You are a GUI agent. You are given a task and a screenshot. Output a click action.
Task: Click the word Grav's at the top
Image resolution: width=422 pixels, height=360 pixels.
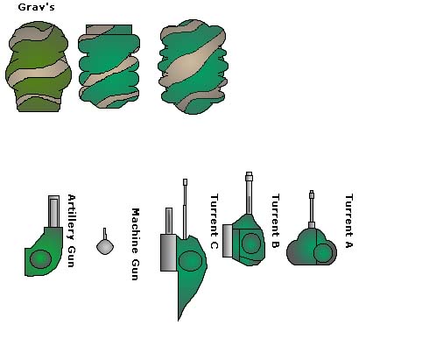coord(36,7)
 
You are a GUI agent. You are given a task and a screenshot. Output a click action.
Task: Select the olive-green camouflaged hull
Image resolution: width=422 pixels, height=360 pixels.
coord(39,67)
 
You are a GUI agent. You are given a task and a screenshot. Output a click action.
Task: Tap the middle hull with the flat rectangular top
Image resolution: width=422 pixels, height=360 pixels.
coord(109,67)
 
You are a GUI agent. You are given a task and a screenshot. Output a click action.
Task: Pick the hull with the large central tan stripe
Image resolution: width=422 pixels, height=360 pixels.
coord(193,67)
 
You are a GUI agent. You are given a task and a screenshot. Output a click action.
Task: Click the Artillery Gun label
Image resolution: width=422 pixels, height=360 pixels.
coord(71,230)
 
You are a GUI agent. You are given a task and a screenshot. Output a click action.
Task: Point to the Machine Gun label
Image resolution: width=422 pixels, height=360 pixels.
coord(135,244)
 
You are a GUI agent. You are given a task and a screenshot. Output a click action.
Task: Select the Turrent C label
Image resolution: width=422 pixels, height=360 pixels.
coord(214,222)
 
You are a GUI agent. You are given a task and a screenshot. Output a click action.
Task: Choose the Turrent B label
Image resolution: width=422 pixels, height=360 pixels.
coord(275,221)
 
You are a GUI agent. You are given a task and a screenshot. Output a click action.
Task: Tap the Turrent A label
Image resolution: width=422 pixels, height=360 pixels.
coord(348,221)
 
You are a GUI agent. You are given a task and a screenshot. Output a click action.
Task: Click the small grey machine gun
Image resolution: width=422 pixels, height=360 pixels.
coord(105,244)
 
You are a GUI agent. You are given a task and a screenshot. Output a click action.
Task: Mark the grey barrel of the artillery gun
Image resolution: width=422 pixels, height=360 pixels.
coord(53,211)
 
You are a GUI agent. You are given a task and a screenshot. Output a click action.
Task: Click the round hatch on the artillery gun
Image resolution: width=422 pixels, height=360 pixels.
coord(40,259)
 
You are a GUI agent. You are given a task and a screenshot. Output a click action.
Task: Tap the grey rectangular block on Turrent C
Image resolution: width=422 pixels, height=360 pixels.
coord(168,252)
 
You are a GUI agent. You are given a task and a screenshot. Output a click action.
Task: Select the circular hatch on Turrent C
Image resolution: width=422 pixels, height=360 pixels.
coord(190,261)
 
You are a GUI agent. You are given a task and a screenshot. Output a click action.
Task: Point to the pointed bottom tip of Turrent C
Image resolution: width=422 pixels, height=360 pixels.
coord(179,321)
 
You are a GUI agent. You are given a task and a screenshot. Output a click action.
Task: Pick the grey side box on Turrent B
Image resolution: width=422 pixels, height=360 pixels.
coord(228,241)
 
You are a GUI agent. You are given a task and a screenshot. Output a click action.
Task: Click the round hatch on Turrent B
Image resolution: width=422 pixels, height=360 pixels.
coord(250,243)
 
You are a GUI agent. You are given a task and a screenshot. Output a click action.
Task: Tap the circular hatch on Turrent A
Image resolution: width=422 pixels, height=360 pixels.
coord(323,253)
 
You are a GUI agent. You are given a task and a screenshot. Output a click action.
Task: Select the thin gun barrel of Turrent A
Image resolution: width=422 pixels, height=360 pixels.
coord(312,208)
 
